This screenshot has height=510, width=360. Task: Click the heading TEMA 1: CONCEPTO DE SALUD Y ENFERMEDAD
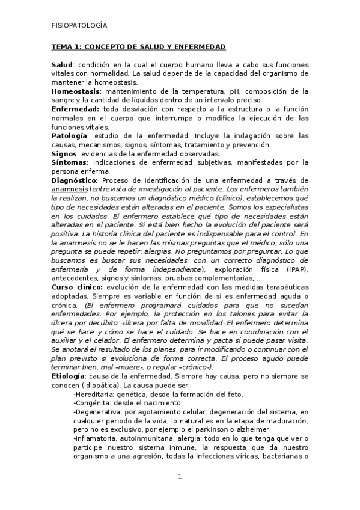(x=138, y=46)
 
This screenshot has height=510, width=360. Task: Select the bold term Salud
(x=62, y=64)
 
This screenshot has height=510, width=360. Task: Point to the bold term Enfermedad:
(x=75, y=109)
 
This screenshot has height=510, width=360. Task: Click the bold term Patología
(x=70, y=136)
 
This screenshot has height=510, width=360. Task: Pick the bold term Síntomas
(x=69, y=162)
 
